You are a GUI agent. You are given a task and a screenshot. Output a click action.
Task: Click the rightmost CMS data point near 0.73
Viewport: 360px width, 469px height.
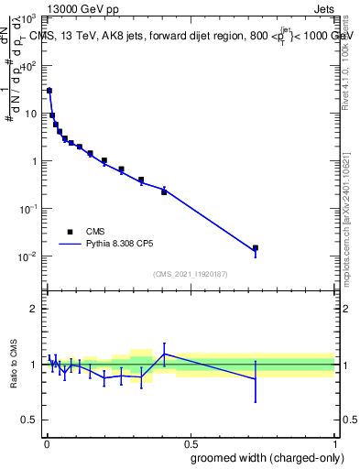pyautogui.click(x=256, y=247)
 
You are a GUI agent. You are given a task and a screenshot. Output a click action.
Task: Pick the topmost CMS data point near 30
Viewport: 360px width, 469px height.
pyautogui.click(x=49, y=91)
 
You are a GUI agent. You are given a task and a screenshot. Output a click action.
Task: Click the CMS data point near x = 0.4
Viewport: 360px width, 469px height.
pyautogui.click(x=164, y=191)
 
